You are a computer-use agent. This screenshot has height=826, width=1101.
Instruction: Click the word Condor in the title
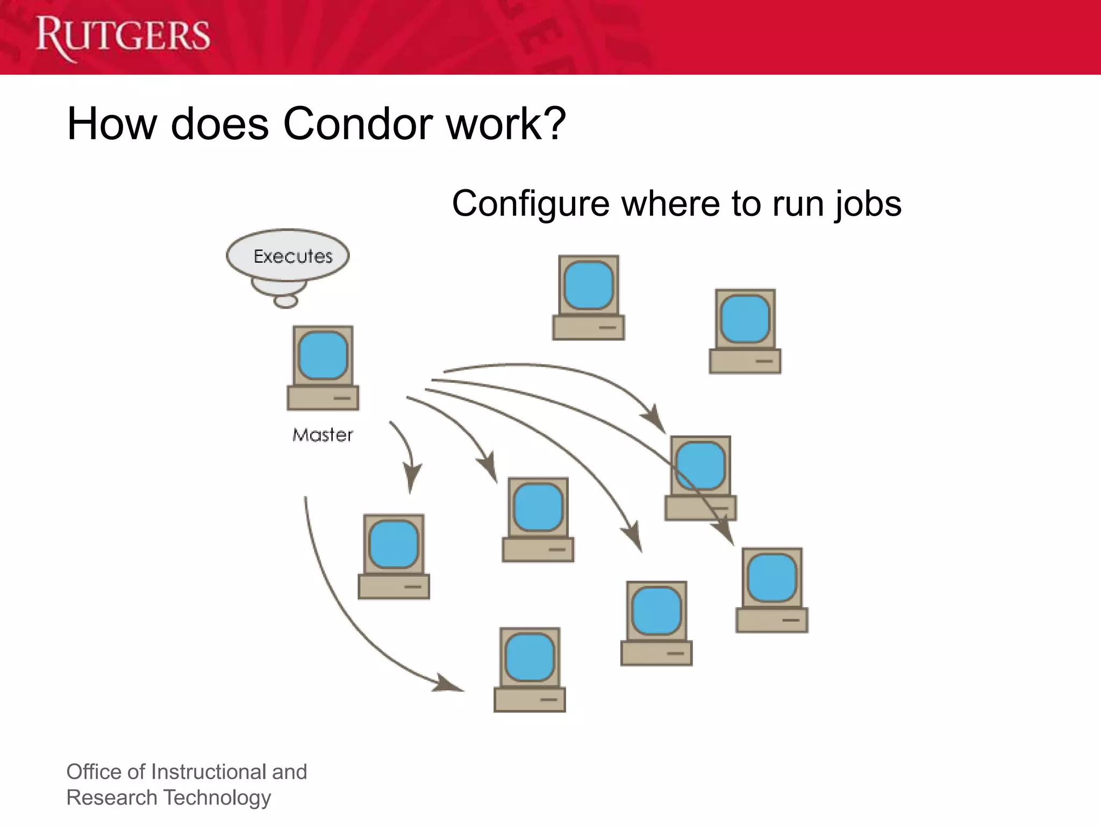pos(358,124)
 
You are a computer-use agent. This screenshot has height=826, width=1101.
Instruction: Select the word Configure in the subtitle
pos(531,204)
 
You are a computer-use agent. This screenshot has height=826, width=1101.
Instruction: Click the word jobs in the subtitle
pos(868,204)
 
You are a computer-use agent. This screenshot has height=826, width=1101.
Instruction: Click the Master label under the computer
pos(323,435)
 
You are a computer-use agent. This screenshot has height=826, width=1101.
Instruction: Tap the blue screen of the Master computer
pos(323,355)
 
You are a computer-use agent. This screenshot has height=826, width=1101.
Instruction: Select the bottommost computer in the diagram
pos(530,670)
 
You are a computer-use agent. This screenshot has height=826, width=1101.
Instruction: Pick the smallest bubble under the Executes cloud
pos(285,302)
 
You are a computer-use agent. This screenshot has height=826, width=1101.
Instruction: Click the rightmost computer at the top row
pos(745,331)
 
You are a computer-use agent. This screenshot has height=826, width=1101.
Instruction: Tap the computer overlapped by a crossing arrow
pos(700,478)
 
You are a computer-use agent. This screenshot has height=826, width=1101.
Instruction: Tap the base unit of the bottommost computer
pos(530,699)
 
